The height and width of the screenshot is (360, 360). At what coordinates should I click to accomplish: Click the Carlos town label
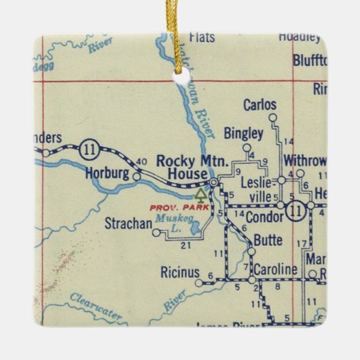click(x=260, y=105)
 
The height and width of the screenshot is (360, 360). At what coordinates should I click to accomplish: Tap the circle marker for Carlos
click(x=272, y=118)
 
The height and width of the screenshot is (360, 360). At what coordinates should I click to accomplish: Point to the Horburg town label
click(x=107, y=173)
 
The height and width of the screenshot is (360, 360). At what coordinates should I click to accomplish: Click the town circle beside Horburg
click(x=137, y=176)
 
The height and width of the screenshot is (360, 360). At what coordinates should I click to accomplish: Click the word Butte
click(x=267, y=239)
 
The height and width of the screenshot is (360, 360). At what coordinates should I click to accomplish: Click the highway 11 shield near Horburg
click(x=89, y=149)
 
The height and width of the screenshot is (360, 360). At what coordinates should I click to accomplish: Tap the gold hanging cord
click(x=180, y=34)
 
